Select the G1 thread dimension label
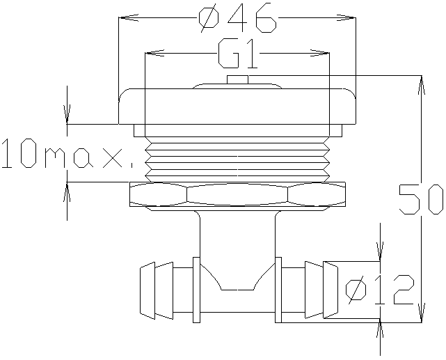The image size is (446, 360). point(238,54)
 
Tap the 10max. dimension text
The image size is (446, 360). point(67,153)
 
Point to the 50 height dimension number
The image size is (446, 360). point(421,199)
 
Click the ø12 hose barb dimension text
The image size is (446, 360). point(380,290)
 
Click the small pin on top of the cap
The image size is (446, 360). point(237,79)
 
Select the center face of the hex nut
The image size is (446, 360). point(237,194)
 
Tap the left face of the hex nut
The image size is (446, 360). point(159,194)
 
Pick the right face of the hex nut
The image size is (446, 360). point(317,194)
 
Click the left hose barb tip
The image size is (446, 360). point(148,290)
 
